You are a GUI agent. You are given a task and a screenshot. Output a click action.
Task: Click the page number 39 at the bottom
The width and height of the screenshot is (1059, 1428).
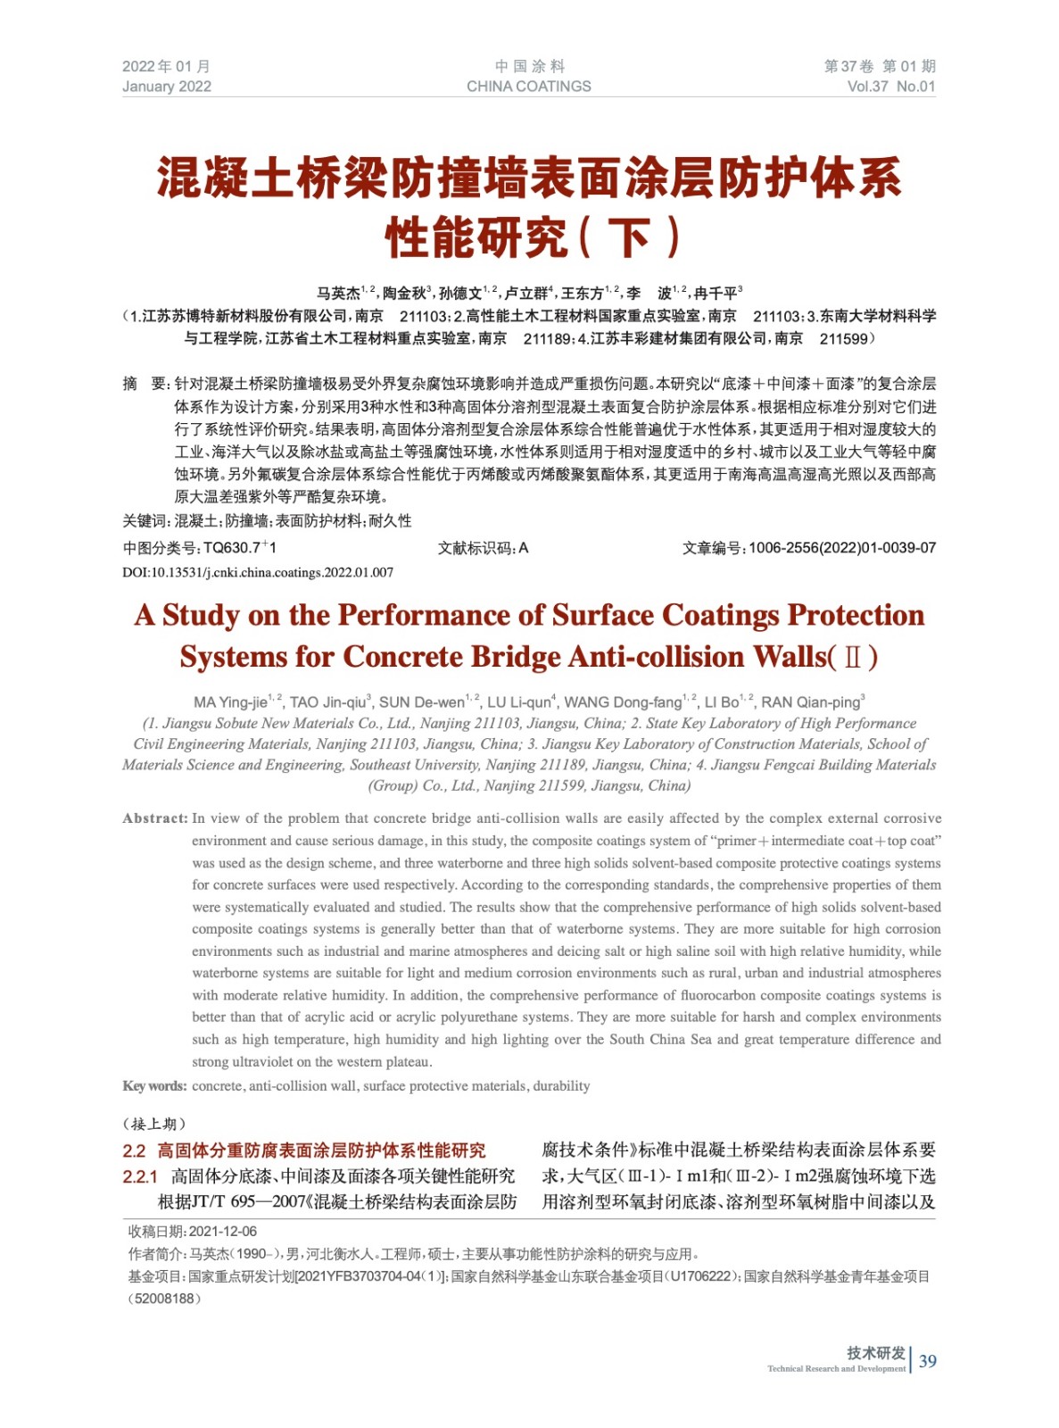click(928, 1361)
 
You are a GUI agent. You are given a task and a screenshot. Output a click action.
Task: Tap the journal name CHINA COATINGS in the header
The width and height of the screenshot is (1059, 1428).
click(528, 87)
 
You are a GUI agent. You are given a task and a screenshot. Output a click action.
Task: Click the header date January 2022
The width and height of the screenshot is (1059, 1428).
click(167, 87)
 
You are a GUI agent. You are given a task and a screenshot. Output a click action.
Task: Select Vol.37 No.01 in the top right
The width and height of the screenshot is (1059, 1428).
click(890, 87)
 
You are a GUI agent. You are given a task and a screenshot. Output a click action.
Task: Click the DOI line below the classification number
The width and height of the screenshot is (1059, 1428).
click(258, 572)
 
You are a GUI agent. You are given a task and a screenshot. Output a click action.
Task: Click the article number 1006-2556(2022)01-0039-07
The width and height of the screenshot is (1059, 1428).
click(842, 548)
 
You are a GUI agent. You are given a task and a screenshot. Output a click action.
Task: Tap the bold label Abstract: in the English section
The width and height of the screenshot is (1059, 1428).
click(155, 818)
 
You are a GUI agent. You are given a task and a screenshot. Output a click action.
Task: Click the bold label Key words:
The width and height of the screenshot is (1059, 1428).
click(154, 1086)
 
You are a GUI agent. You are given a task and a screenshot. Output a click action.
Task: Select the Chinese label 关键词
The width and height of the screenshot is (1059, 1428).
click(145, 521)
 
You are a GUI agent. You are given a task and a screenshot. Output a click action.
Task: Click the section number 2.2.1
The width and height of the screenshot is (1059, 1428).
click(140, 1177)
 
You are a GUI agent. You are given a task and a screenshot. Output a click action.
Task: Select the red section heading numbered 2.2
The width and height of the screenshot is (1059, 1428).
click(304, 1151)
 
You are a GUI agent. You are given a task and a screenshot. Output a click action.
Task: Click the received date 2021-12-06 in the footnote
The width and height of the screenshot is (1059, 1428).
click(223, 1232)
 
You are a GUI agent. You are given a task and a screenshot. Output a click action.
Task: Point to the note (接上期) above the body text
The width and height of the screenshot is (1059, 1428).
click(154, 1124)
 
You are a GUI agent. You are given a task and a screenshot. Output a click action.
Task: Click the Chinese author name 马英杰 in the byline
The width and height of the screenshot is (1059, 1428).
click(338, 293)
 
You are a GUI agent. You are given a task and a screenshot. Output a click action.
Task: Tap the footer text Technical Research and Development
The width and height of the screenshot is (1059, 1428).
click(836, 1369)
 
